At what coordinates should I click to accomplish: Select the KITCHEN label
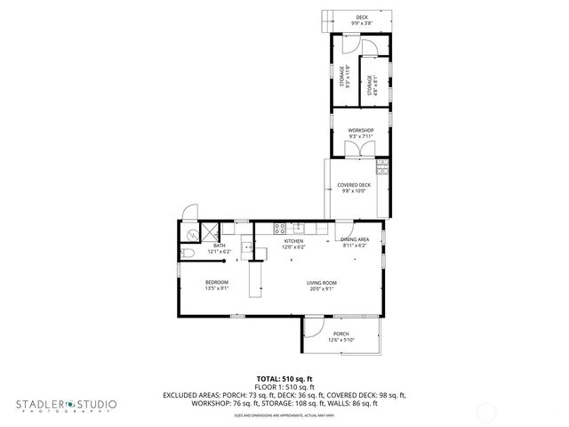(x=293, y=241)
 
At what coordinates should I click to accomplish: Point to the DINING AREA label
(x=354, y=240)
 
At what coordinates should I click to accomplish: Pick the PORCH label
(x=341, y=334)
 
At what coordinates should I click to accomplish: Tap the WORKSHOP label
(x=360, y=131)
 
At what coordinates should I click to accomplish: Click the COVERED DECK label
(x=353, y=185)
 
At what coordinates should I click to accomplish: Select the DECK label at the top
(x=362, y=17)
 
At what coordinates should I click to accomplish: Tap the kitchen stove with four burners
(x=277, y=227)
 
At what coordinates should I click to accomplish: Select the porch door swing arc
(x=314, y=329)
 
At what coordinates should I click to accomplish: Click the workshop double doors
(x=360, y=149)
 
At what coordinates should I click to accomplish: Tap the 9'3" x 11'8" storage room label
(x=342, y=77)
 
